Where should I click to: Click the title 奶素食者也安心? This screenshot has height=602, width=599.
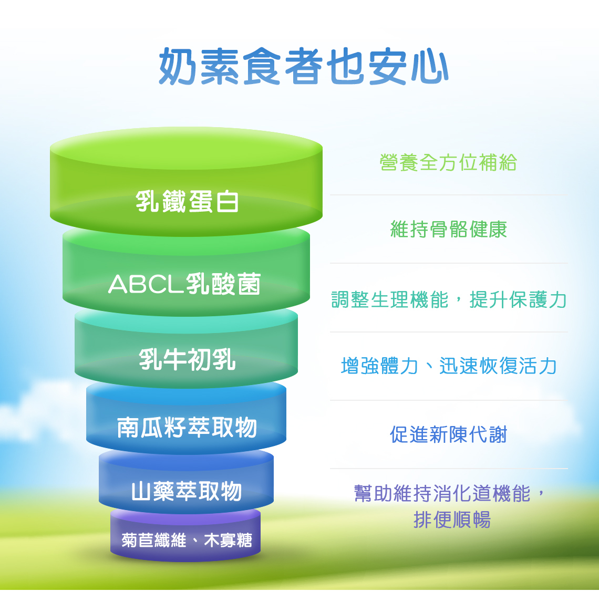click(303, 66)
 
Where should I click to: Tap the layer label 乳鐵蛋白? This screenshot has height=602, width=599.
click(187, 201)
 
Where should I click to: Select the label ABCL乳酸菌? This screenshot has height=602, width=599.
click(185, 284)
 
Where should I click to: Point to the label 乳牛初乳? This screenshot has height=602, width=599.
click(187, 360)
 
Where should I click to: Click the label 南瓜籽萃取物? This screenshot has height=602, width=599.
click(187, 427)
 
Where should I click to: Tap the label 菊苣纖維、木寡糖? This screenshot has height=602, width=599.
click(187, 540)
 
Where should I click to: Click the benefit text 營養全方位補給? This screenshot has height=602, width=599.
click(448, 162)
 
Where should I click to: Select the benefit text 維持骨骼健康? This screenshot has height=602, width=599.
click(449, 230)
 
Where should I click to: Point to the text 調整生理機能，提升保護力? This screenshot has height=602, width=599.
click(449, 299)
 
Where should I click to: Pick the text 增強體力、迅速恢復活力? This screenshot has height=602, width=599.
click(449, 366)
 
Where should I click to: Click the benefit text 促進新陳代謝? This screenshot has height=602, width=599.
click(449, 434)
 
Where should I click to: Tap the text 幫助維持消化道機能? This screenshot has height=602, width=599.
click(442, 494)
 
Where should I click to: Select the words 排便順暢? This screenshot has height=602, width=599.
click(452, 520)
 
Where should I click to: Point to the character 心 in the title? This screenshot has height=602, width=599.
click(429, 67)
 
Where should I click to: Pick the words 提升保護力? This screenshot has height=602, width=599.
click(518, 299)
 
